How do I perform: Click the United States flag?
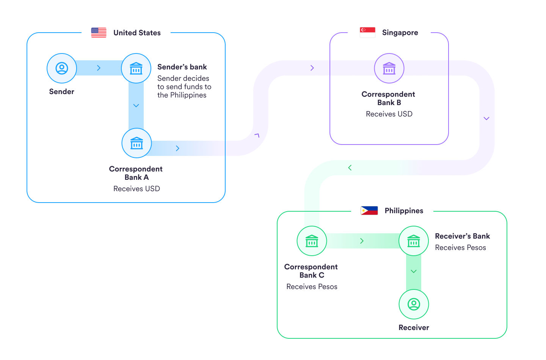[x=99, y=33]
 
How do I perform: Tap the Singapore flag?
[x=367, y=33]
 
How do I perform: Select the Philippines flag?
[x=369, y=211]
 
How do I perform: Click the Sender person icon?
[x=62, y=68]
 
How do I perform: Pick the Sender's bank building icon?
[x=136, y=68]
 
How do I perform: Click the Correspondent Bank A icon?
[x=136, y=143]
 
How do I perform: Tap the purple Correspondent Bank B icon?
[x=389, y=68]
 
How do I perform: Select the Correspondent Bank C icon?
[x=312, y=241]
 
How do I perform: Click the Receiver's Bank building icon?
[x=414, y=241]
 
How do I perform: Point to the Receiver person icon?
[x=414, y=304]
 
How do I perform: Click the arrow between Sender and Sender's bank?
[x=99, y=68]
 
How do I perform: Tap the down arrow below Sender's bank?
[x=136, y=105]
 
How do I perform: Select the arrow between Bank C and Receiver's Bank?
[x=362, y=241]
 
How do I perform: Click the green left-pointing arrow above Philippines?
[x=350, y=168]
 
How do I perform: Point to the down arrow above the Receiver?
[x=414, y=272]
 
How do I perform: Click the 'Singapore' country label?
[x=400, y=33]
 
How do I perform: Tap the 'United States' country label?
[x=137, y=33]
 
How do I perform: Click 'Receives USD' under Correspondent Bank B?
[x=389, y=114]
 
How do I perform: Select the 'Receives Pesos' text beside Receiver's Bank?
[x=460, y=248]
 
